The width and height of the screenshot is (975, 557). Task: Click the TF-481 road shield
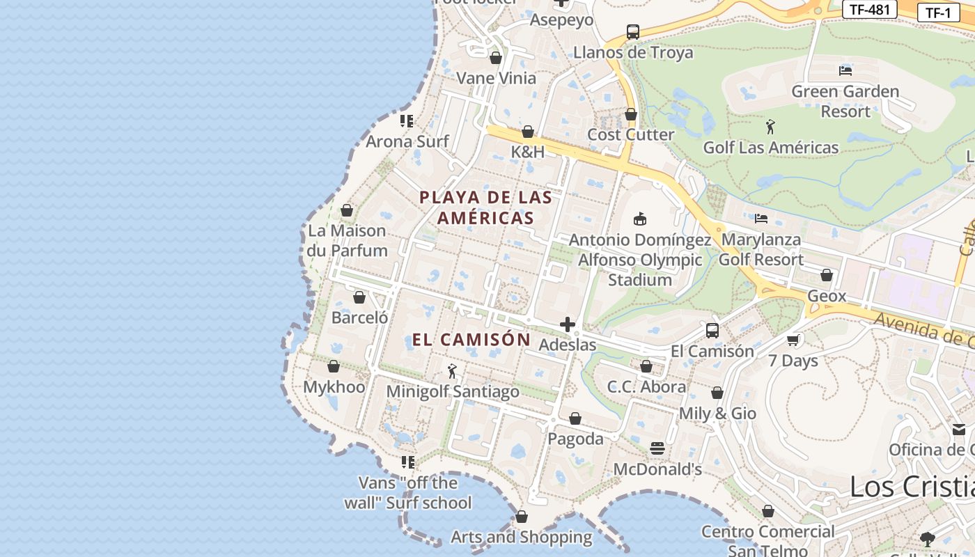coord(869,9)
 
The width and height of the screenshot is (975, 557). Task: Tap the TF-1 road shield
coord(938,12)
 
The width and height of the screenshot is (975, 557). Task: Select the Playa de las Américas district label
coord(485,207)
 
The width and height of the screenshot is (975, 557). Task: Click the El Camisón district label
coord(471,340)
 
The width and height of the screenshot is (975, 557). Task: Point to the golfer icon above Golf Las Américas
coord(770,127)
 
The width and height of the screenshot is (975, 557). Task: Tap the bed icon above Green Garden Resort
coord(845,70)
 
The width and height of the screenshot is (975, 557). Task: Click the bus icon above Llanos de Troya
coord(632,31)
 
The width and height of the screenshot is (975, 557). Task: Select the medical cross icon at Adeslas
coord(568,324)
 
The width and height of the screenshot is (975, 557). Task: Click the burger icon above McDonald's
coord(657,448)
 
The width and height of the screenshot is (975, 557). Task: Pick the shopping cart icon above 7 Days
coord(793,340)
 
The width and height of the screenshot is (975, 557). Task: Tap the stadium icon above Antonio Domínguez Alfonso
coord(640,219)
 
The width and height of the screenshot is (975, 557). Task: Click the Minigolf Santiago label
coord(453,391)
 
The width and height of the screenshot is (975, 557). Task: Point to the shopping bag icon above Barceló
coord(359,297)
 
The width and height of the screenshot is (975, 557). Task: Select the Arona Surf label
coord(407,141)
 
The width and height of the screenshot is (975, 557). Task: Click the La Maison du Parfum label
coord(348,240)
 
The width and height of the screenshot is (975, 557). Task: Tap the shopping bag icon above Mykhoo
coord(334,366)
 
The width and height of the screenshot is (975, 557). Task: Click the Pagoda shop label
coord(575,439)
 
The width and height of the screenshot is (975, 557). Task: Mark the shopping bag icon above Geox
coord(827,275)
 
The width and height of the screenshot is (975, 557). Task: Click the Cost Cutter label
coord(631,134)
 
